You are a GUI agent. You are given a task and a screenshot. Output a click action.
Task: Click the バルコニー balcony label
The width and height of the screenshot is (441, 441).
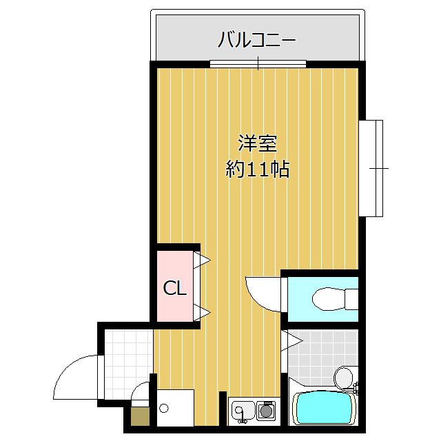(x=256, y=39)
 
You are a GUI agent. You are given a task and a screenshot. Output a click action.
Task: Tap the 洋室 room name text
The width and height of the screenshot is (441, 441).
(x=258, y=144)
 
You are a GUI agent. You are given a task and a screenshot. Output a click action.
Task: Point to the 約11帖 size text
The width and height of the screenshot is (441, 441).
(x=258, y=169)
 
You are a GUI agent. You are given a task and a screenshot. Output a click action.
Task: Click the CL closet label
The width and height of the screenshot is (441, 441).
(x=174, y=289)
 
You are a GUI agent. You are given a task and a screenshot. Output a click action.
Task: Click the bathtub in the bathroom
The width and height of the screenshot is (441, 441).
(x=322, y=408)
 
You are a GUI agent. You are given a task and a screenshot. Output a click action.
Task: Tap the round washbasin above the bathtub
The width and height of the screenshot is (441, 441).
(x=342, y=376)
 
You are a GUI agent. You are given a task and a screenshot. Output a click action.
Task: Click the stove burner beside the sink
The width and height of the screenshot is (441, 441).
(x=265, y=411)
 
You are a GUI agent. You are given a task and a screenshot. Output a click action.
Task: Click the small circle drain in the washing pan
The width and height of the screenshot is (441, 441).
(x=163, y=408)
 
